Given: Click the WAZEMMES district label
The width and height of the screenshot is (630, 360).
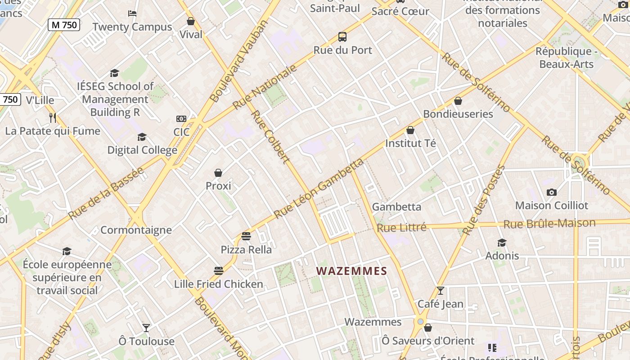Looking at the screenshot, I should coord(351,271).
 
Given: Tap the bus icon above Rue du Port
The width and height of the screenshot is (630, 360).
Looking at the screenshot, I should coord(342,37).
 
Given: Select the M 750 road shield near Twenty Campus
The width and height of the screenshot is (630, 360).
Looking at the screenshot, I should coord(64,25).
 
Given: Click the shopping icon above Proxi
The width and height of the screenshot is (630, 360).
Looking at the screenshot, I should coord(218,173).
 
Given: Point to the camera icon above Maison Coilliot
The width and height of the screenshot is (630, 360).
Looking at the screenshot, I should coord(552,192).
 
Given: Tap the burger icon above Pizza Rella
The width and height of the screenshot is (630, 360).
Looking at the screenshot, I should coord(246,236).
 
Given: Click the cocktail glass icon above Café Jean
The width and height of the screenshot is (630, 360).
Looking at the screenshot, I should coord(441,291).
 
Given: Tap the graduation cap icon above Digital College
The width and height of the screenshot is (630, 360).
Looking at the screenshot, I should coord(142,137).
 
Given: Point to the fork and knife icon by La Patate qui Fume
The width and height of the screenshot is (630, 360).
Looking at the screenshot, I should coord(53,118).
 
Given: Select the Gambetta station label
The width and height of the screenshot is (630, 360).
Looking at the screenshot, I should coord(396,207).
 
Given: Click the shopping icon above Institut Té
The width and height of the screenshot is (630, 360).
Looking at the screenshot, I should coord(410,130).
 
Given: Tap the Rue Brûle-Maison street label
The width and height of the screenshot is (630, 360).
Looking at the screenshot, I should coord(549,223).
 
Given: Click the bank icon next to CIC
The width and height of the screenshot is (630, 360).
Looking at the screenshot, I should coord(181,119).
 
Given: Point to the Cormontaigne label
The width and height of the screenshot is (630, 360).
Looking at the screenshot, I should coord(136,230).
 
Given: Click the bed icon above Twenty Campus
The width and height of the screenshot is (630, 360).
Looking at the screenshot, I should coord(132,13).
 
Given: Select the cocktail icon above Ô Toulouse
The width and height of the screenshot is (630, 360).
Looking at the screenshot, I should coord(146,328).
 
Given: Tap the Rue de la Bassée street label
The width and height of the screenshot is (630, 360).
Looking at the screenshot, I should coord(106,193).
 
